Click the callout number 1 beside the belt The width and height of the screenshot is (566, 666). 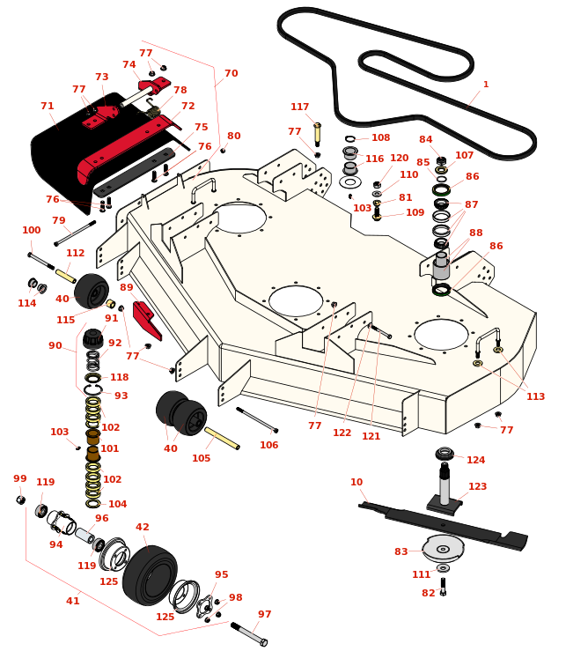tap(485, 85)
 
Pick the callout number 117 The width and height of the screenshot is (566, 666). tap(300, 107)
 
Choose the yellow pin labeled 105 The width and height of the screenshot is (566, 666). tap(222, 438)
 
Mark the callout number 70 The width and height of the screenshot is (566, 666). tap(231, 74)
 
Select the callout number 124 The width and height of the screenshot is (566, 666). tap(476, 460)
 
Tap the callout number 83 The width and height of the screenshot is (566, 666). tap(401, 551)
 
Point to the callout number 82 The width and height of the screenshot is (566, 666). tap(428, 593)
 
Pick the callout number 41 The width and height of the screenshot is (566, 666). tap(73, 601)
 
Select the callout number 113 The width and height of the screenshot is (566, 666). tap(536, 396)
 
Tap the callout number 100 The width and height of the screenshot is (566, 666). tap(31, 231)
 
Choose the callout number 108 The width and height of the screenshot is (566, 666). tap(380, 138)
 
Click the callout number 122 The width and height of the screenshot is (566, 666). tap(342, 433)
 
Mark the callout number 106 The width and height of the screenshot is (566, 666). tap(269, 445)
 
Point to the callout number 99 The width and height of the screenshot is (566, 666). tap(20, 478)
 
